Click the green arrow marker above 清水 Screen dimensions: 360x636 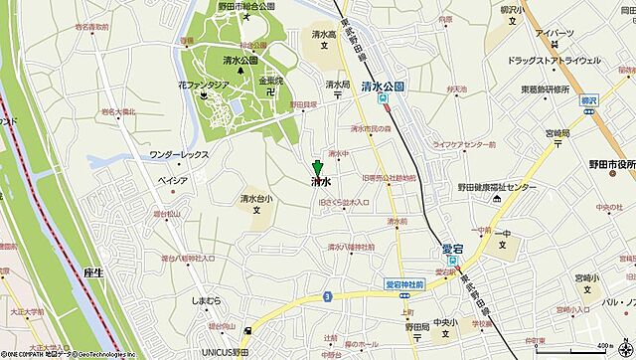pos(317,168)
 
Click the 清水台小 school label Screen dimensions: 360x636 pos(256,198)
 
